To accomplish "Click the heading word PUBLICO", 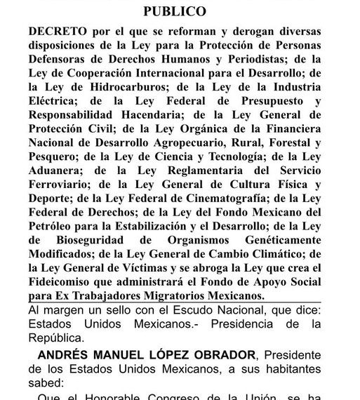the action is (x=175, y=12).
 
